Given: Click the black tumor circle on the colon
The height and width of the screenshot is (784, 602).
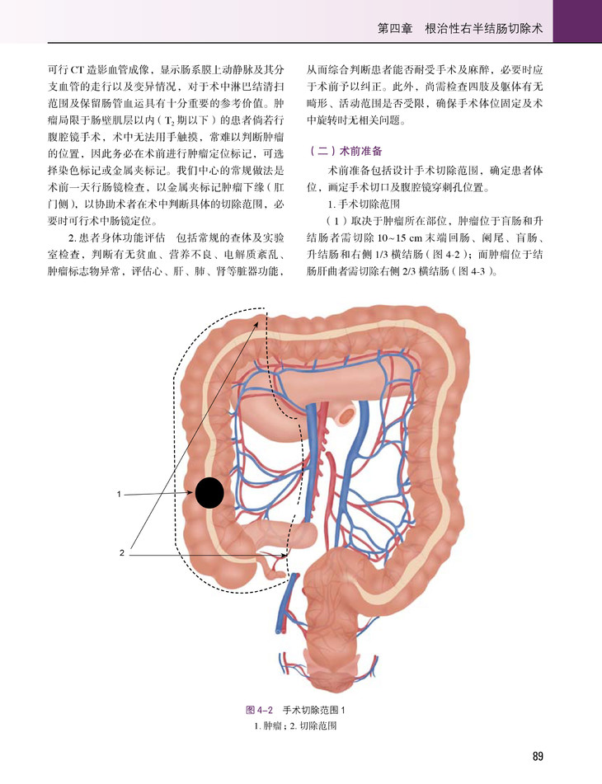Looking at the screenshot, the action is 210,493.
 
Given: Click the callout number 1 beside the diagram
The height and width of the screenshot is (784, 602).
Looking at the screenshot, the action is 120,495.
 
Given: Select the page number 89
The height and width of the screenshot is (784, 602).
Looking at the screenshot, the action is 538,757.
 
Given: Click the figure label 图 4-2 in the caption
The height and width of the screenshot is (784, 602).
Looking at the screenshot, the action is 261,711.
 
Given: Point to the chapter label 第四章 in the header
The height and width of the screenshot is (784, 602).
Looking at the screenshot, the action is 394,27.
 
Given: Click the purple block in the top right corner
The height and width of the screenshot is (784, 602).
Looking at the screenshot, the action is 576,21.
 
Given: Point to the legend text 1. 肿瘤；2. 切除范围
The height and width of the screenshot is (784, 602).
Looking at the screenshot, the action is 300,726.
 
